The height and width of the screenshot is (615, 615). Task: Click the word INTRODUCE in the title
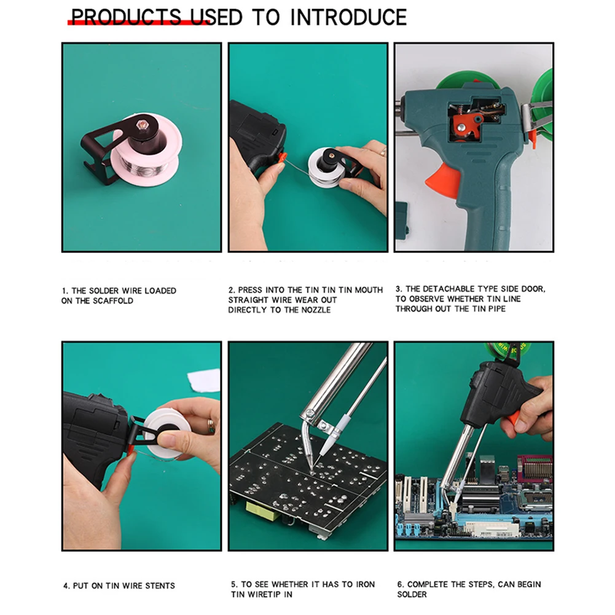[x=348, y=17]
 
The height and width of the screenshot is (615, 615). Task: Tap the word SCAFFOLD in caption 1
[x=113, y=300]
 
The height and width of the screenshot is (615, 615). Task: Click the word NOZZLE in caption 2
[x=316, y=310]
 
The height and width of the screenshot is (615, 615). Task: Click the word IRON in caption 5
[x=365, y=584]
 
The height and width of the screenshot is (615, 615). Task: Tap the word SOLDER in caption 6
[x=412, y=594]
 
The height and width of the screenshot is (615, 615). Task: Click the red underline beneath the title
[x=135, y=23]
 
